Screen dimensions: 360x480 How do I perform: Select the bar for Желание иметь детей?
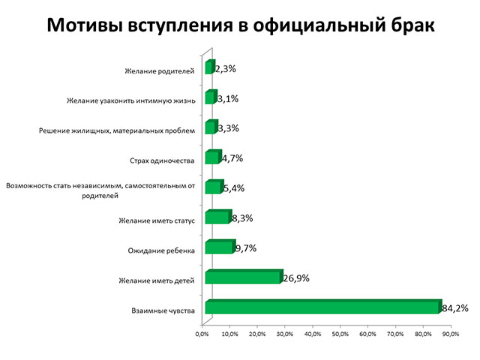pyautogui.click(x=243, y=277)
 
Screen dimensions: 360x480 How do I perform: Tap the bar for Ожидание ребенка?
pyautogui.click(x=219, y=247)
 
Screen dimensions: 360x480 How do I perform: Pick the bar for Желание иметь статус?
pyautogui.click(x=217, y=217)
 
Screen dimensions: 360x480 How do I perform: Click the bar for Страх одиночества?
pyautogui.click(x=211, y=158)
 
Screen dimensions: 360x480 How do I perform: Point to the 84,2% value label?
pyautogui.click(x=454, y=307)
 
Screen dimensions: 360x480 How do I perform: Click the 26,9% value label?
pyautogui.click(x=296, y=278)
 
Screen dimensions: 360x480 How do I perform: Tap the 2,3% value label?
pyautogui.click(x=226, y=69)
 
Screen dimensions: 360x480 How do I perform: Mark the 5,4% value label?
pyautogui.click(x=235, y=188)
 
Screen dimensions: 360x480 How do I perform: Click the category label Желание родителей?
pyautogui.click(x=160, y=71)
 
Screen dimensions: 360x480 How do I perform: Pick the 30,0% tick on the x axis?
pyautogui.click(x=284, y=334)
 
